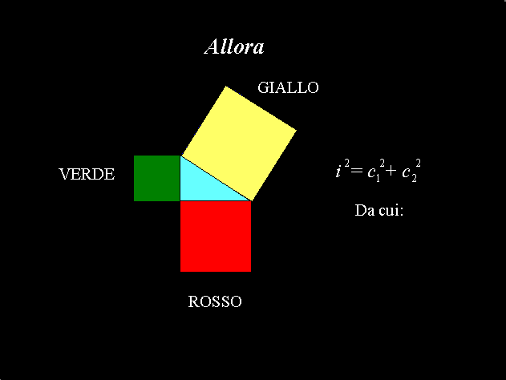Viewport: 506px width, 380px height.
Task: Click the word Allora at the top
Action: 234,46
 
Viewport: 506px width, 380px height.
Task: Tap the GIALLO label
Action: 288,87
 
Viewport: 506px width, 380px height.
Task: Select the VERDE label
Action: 87,174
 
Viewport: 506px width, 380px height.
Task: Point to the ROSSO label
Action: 215,301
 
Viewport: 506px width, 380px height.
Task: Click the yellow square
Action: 239,144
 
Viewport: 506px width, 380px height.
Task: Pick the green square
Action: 157,179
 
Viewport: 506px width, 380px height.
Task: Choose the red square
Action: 216,236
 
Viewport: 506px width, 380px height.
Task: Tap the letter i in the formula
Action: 338,170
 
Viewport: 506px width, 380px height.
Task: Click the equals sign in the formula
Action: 357,170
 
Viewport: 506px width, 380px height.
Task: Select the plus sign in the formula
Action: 391,171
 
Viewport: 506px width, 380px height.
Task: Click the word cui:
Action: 391,211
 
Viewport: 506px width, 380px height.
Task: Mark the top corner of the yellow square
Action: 226,86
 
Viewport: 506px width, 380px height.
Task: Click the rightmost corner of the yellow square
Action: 296,131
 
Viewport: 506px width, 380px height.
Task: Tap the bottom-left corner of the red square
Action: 180,272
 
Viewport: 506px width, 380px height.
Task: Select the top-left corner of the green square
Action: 134,156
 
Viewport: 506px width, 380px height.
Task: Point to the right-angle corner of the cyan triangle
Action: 180,200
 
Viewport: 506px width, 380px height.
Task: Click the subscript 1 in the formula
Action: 378,179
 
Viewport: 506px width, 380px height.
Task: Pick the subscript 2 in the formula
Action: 414,179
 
